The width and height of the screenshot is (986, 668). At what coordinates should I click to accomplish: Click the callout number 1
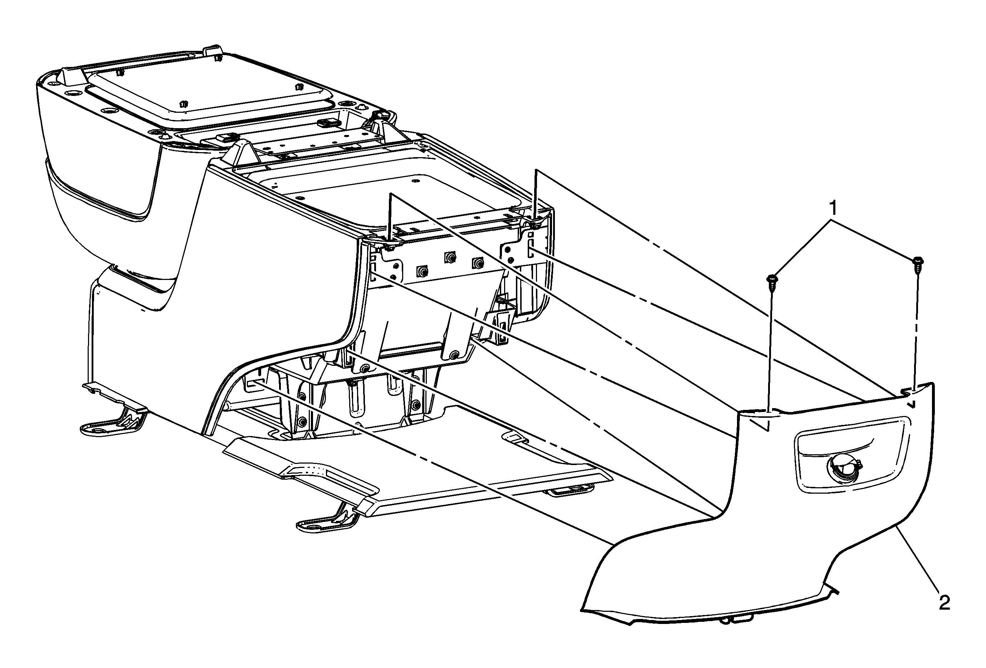833,208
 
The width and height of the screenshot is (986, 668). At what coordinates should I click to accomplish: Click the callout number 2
944,602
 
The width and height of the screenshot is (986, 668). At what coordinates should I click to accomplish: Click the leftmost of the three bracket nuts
422,271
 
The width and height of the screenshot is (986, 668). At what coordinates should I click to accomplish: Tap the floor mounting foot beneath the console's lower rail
329,518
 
